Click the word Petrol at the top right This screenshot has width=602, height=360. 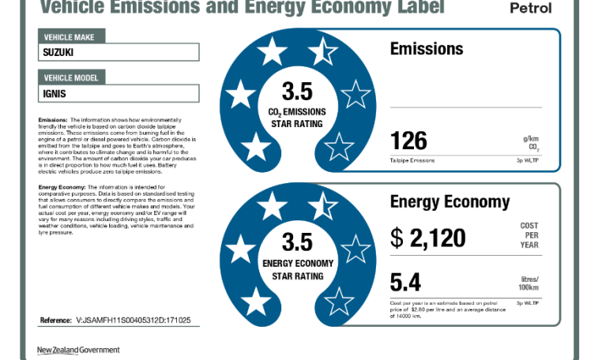point(531,9)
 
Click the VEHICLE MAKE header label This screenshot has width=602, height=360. point(71,37)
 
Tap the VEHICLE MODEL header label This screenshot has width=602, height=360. point(74,77)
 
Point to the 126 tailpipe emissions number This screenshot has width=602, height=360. point(408,141)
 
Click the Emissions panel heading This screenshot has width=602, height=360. point(427,49)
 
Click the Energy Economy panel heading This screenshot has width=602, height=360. point(450,201)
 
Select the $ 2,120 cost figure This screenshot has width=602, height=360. point(428,237)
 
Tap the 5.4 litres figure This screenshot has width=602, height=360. point(406,282)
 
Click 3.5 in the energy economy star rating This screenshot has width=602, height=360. point(297,241)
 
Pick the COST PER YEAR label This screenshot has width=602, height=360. point(529,235)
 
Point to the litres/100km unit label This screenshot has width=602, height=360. point(529,283)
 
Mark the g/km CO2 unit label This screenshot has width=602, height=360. point(530,143)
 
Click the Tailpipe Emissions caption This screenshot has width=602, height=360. point(412,160)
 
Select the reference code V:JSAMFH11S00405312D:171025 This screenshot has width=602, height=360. point(134,321)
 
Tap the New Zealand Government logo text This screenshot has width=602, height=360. point(78,350)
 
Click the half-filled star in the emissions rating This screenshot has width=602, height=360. point(322,53)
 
